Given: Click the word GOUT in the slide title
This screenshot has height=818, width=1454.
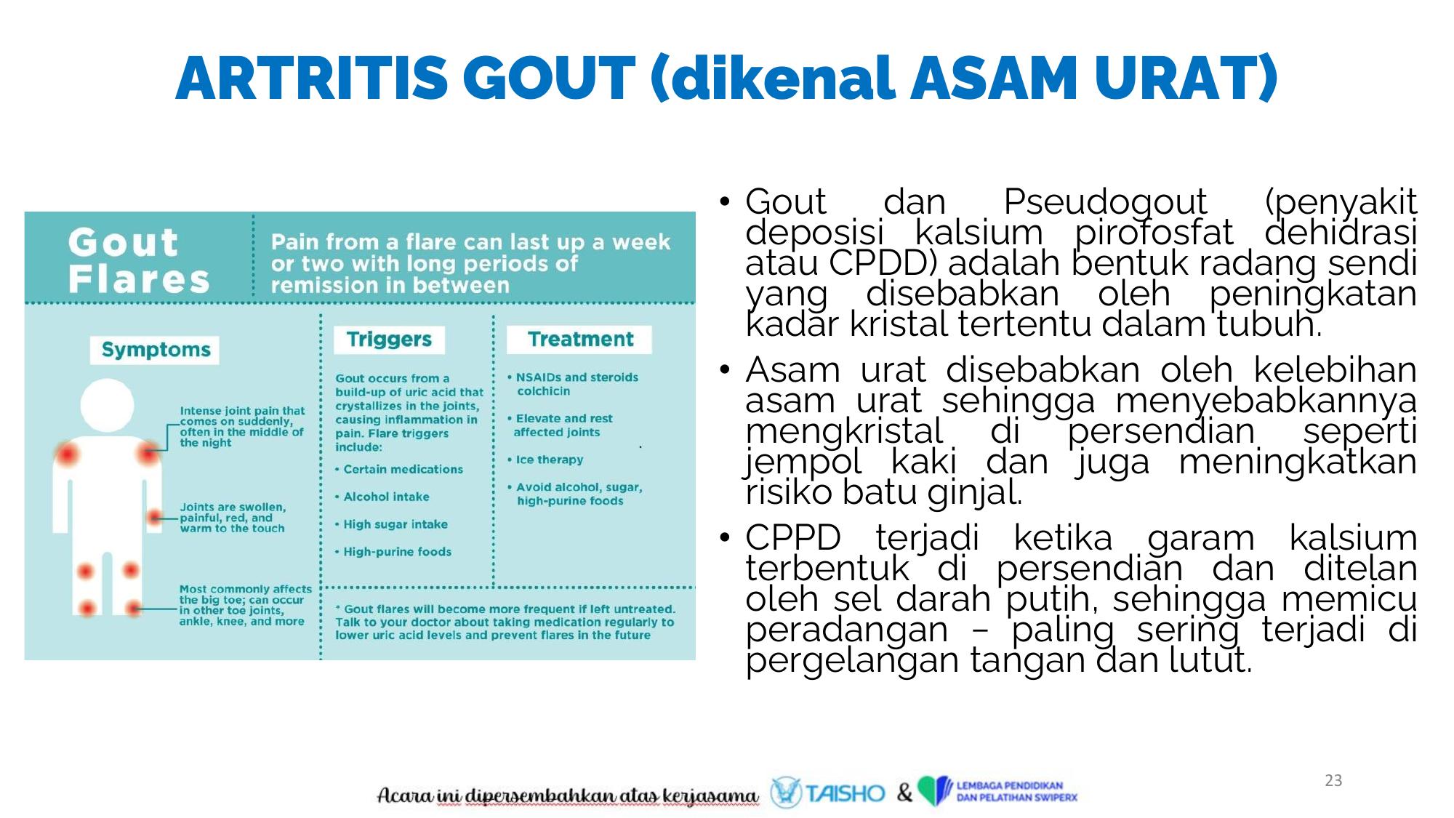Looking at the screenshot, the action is pos(549,78).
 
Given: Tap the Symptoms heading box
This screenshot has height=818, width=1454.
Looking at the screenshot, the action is pos(155,350).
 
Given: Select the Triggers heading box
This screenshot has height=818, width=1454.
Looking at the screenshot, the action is pos(389,340).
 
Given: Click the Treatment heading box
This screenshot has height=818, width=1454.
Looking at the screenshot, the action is pos(579,340).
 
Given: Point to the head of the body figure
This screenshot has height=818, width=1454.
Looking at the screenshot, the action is pos(108,406).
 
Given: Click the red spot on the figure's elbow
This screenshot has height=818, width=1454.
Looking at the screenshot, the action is pos(154,517).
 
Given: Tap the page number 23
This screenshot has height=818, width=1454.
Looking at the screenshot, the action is pos(1333,780).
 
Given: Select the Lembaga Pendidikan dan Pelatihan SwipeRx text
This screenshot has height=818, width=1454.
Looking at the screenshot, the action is pos(1016,791).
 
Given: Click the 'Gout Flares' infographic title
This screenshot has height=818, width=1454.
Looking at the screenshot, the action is pos(138,260).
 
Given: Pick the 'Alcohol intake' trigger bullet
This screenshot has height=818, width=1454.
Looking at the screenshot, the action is pos(382,497).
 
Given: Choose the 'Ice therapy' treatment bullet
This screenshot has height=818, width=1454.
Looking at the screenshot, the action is pos(545,460).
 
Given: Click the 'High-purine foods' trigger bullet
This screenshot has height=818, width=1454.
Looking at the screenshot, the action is pos(393,552).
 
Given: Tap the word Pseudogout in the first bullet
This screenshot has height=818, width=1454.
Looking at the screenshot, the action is pos(1105,203).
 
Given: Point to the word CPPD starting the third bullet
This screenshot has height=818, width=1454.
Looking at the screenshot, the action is pos(792,538).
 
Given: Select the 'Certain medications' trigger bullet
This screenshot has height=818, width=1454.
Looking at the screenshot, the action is pos(399,469).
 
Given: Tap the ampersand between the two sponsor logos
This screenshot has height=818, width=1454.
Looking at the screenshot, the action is pos(904,792).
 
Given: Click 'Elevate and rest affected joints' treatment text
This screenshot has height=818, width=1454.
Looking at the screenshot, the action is pos(560,425).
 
